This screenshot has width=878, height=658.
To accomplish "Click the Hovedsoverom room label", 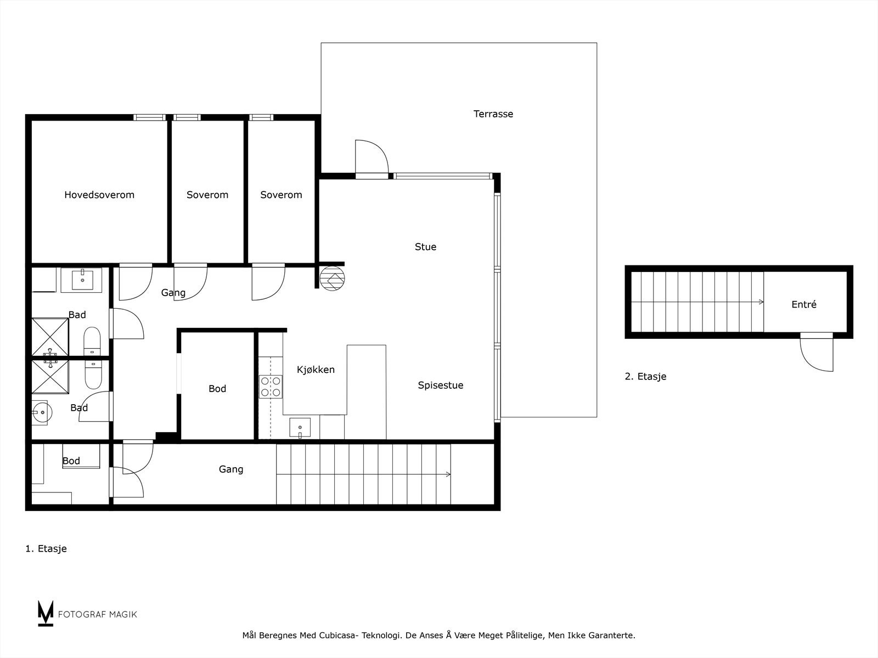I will click(x=99, y=195).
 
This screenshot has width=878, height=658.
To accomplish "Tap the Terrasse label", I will click(x=493, y=114).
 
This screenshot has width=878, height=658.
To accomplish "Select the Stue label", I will click(x=425, y=247).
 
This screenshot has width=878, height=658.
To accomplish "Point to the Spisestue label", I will click(x=440, y=385).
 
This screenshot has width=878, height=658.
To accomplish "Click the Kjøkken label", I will click(x=316, y=370).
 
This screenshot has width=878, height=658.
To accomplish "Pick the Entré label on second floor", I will click(x=804, y=304).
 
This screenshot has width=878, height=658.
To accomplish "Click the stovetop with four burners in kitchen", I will click(x=271, y=387).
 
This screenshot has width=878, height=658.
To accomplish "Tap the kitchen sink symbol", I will click(x=300, y=428).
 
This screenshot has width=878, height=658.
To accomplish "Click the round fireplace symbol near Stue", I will click(x=331, y=278).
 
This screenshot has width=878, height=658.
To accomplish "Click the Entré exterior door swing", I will click(x=817, y=354).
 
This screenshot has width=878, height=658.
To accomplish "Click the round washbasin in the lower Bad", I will click(x=41, y=412).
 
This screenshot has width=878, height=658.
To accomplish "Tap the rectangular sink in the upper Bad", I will click(x=81, y=280).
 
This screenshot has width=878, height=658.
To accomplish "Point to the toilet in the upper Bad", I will click(x=92, y=342).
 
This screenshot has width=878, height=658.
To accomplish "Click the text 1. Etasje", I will click(x=46, y=548).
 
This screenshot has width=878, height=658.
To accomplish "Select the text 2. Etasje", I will click(x=645, y=377).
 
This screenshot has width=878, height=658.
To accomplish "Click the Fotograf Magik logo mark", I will click(x=46, y=613).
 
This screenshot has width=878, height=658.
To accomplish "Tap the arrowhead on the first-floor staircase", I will click(x=448, y=474).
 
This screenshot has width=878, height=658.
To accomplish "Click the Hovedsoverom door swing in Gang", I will click(x=134, y=282).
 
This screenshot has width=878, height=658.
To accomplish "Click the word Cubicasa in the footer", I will click(x=342, y=636).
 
